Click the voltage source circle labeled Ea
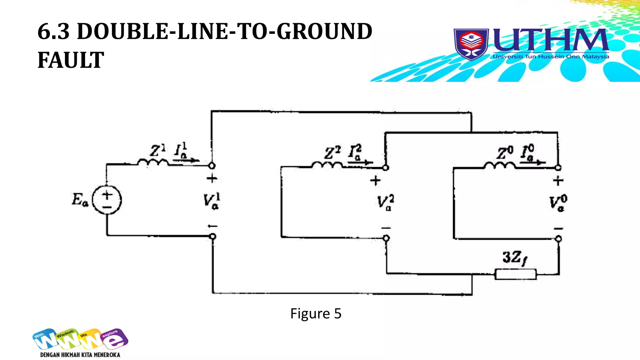point(107,200)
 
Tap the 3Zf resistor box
point(516,274)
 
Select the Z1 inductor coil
point(153,162)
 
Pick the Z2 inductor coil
point(327,165)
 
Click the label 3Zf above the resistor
point(514,258)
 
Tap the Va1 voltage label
point(212,201)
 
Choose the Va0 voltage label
point(558,203)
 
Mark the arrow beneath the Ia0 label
point(533,162)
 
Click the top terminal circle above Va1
point(212,166)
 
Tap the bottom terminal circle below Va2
point(386,238)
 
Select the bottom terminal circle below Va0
point(558,239)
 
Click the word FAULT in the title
point(71,60)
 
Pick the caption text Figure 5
point(316,313)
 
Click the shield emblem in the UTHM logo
point(471,44)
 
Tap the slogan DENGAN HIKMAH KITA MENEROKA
point(80,355)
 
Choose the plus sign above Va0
point(558,181)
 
